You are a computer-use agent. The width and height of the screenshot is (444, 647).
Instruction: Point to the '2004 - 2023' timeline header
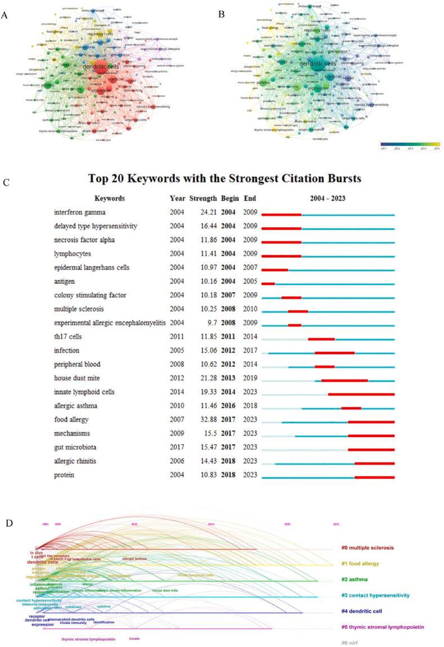pyautogui.click(x=328, y=199)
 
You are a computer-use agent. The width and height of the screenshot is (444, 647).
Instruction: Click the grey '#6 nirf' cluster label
pyautogui.click(x=351, y=642)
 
